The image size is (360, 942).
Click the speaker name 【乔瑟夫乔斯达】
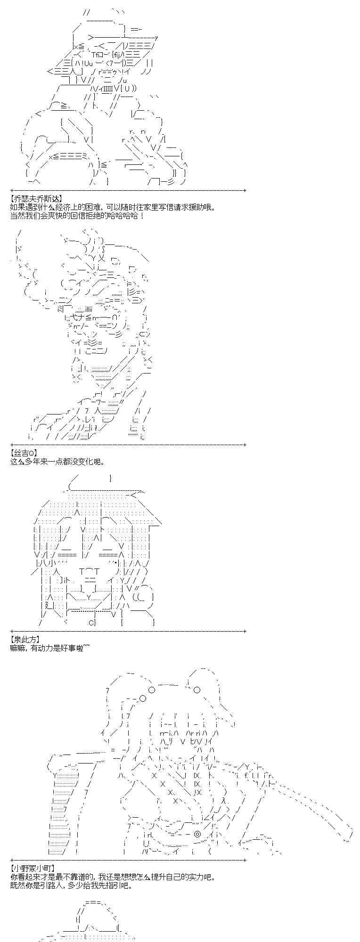pyautogui.click(x=35, y=199)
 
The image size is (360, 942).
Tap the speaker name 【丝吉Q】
pyautogui.click(x=23, y=453)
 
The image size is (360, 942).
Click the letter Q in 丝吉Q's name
pyautogui.click(x=32, y=453)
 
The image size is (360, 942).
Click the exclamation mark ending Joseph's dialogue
pyautogui.click(x=142, y=216)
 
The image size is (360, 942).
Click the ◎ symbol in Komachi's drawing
pyautogui.click(x=197, y=834)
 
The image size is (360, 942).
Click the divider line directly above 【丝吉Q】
pyautogui.click(x=127, y=444)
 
